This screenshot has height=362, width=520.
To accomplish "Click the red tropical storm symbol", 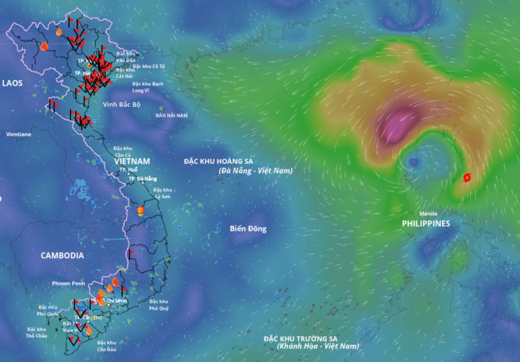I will click(x=467, y=178).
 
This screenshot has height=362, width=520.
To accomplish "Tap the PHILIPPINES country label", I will click(x=426, y=223).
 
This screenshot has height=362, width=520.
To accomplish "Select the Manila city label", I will click(x=428, y=213).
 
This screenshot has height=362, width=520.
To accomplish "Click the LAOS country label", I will click(x=12, y=83).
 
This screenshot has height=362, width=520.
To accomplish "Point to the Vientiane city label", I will click(x=18, y=134).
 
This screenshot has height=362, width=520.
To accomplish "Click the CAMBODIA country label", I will click(x=62, y=256).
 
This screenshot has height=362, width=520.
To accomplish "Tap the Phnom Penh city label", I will click(x=68, y=283).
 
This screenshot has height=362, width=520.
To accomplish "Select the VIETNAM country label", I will click(x=132, y=161).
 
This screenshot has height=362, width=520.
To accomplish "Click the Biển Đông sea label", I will click(x=248, y=229).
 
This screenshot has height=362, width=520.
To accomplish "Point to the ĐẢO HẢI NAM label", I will click(x=171, y=115).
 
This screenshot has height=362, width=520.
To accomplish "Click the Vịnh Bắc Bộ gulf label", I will click(x=121, y=104).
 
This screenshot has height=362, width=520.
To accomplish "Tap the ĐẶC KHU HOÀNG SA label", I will click(x=218, y=161).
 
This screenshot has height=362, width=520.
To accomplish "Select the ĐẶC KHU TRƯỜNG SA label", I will click(x=300, y=339).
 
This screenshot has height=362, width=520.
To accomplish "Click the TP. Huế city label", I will click(x=128, y=170).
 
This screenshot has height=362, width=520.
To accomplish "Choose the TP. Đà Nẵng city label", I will click(x=142, y=179).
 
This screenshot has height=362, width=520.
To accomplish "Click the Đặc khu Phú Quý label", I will click(x=159, y=305).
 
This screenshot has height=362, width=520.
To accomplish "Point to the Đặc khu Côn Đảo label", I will click(x=106, y=346).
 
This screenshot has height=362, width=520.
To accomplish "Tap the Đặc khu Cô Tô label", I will click(x=149, y=66).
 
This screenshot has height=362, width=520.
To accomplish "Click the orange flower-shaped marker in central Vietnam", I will click(x=140, y=210).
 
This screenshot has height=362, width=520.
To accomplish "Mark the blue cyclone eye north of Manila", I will click(x=413, y=161).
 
